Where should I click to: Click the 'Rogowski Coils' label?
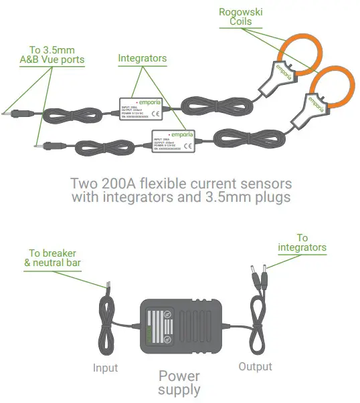237,17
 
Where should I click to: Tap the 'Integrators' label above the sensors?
142,59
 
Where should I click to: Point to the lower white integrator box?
173,141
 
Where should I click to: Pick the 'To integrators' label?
302,243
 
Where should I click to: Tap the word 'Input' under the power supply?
104,368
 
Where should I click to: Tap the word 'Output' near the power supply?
255,366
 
